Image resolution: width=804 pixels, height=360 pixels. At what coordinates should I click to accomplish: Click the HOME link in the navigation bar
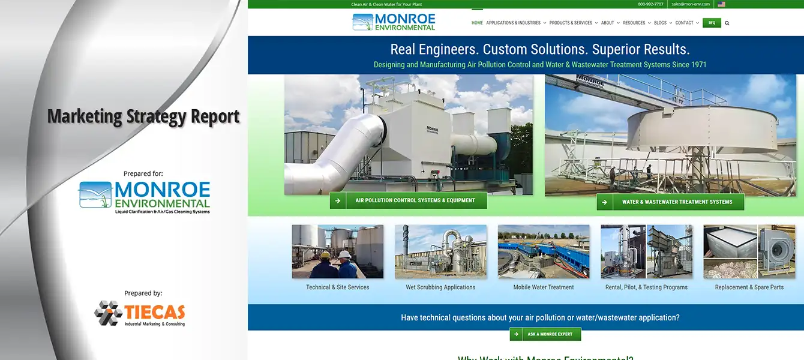477,23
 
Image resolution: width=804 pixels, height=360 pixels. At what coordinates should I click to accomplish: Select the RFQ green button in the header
712,23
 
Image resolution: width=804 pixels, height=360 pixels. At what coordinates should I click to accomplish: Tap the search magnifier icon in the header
727,23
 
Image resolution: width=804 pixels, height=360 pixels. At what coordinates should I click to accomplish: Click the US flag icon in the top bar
721,4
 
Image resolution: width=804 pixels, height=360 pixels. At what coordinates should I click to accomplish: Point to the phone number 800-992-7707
650,4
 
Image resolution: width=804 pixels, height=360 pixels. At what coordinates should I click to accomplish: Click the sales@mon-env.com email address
690,4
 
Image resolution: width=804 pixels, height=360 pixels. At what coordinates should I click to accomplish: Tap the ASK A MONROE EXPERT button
545,334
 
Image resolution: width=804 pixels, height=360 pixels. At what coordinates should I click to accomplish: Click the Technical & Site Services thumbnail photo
337,251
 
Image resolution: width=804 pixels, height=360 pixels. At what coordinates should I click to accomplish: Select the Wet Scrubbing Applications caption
440,287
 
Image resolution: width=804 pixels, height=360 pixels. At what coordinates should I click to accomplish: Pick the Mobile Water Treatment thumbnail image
544,251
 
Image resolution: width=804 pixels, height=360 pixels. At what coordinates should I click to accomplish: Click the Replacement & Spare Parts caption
749,287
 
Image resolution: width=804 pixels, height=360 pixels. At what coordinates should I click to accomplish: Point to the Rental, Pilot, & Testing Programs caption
646,287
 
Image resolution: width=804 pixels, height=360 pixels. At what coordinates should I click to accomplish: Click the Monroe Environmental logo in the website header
394,22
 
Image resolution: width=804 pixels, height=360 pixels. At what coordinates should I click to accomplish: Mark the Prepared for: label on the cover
143,173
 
